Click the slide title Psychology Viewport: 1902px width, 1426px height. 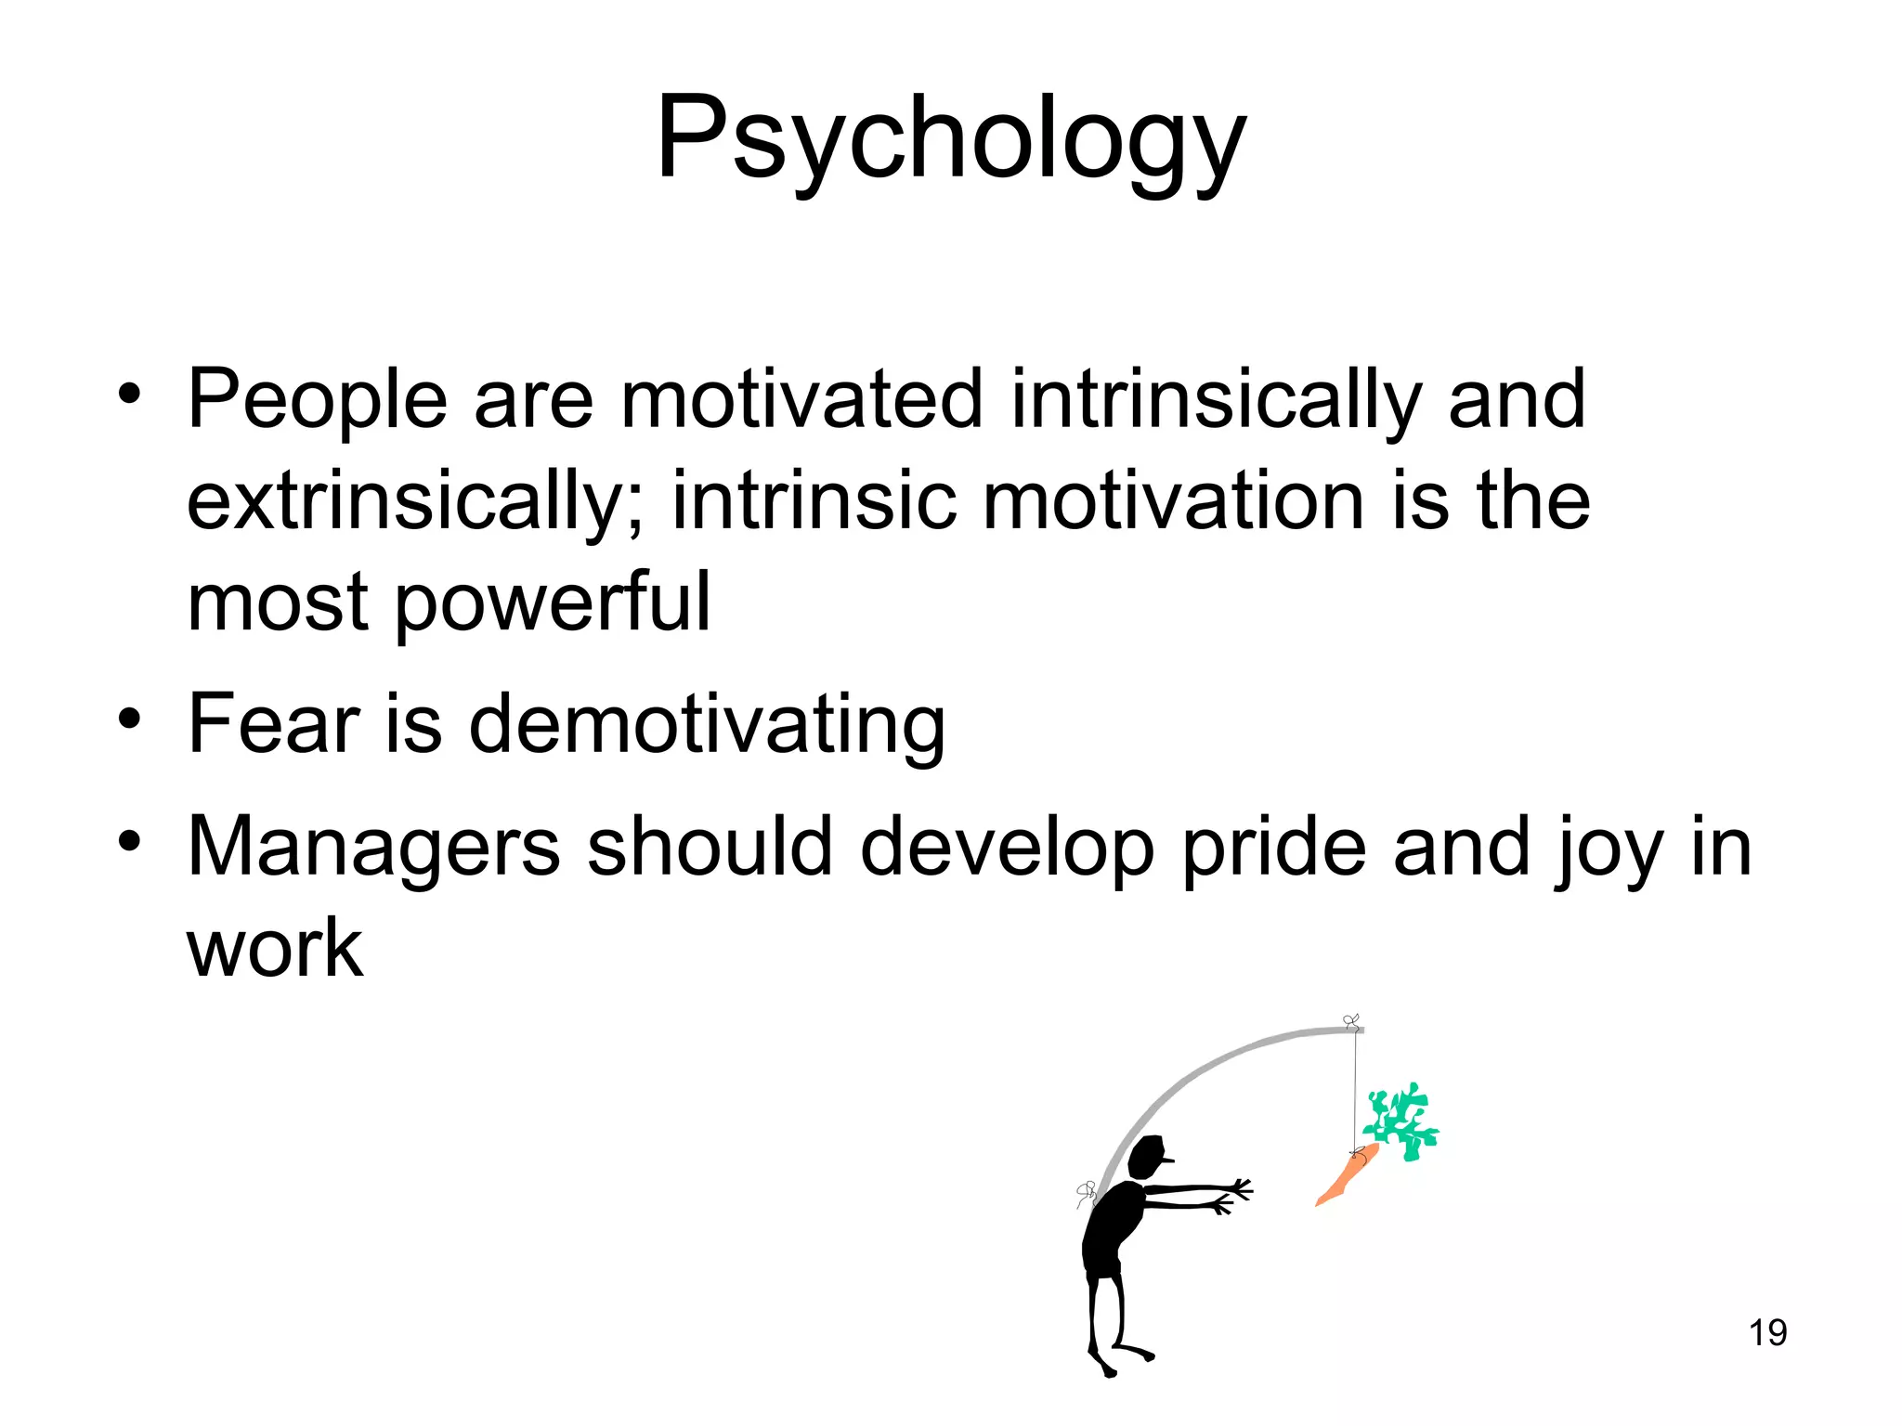pos(950,139)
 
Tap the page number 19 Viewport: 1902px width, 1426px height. pos(1767,1332)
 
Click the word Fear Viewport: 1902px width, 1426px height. pos(273,723)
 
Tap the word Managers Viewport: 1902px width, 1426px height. pos(373,847)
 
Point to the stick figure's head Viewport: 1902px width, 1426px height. pos(1148,1157)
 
